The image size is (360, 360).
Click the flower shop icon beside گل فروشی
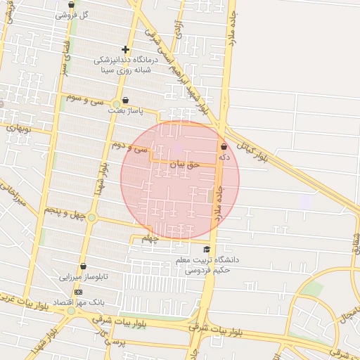point(71,5)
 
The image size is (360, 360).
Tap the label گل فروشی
point(73,15)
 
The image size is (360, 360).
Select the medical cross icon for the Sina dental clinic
point(125,49)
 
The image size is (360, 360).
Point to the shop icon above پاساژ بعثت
point(125,100)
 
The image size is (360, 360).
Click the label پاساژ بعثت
point(125,110)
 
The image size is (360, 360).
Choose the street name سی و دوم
point(129,147)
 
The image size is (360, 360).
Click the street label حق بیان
point(186,163)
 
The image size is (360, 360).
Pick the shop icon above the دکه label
point(224,147)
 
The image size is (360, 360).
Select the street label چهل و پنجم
point(65,210)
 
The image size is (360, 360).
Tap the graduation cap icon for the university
point(206,250)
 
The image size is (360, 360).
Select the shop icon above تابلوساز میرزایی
point(84,267)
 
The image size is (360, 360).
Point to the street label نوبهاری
point(19,129)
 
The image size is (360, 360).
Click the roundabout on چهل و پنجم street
point(92,217)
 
